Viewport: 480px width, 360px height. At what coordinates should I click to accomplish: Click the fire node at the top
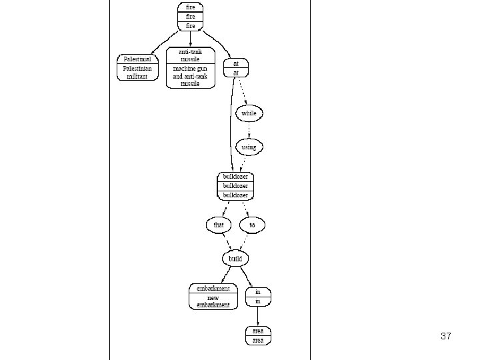point(190,16)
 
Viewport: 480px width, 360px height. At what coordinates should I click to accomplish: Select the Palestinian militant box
point(138,67)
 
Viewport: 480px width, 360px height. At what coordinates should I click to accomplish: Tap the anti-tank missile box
point(190,67)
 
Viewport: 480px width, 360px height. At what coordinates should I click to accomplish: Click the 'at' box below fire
point(235,67)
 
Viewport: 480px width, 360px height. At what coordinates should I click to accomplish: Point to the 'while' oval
point(249,113)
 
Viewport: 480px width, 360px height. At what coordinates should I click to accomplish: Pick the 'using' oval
point(249,147)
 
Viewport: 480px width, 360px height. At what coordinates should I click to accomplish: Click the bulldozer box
point(235,186)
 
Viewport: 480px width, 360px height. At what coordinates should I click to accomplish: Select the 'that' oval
point(219,225)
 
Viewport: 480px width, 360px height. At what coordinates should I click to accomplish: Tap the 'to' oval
point(252,225)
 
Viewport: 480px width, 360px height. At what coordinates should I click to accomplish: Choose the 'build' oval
point(235,258)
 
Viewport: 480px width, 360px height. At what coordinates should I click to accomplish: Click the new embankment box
point(213,297)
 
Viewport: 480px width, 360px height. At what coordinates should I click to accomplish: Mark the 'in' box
point(258,297)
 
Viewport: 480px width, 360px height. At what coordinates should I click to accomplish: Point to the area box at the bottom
point(258,335)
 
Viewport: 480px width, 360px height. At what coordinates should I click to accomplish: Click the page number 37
point(446,337)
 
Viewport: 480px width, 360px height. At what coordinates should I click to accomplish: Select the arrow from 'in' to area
point(258,316)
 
